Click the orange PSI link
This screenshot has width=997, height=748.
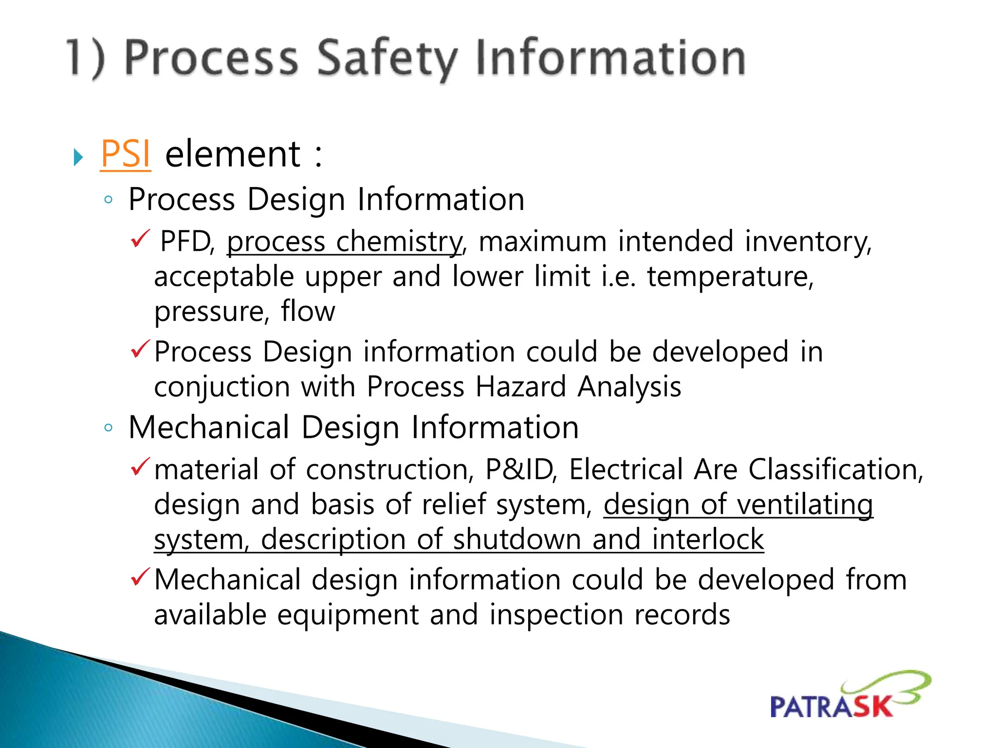126,154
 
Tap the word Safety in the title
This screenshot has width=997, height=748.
387,58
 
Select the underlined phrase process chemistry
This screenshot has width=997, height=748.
344,242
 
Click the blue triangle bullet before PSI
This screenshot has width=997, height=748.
78,157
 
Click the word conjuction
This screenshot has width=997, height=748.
222,387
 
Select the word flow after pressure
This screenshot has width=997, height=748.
308,312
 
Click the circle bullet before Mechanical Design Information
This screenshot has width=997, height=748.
109,428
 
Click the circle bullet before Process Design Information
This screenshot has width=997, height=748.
109,200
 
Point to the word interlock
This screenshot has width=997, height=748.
708,540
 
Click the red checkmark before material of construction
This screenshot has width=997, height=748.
140,467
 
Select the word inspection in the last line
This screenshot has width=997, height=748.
556,615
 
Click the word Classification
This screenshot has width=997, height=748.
835,470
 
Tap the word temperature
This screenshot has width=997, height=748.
730,277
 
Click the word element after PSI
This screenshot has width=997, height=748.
233,154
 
